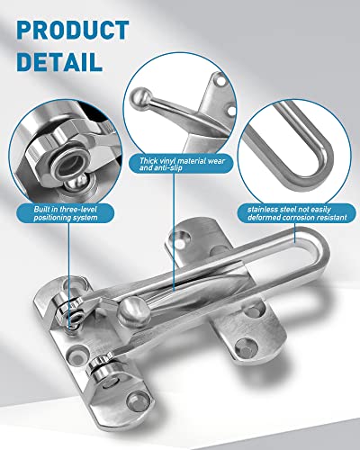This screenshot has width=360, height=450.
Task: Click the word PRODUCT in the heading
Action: pyautogui.click(x=72, y=30)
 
